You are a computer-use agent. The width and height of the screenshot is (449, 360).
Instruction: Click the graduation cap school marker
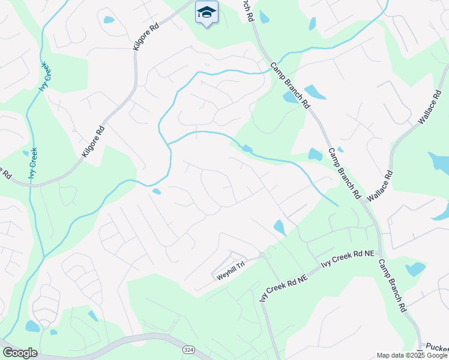coord(206,13)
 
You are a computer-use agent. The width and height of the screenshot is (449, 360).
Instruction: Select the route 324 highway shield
coord(189,349)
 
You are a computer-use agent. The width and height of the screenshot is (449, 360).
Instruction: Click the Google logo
coord(20,353)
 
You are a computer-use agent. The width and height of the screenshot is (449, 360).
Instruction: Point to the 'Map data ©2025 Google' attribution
coord(411,355)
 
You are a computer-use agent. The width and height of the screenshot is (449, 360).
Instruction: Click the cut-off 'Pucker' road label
coord(436,347)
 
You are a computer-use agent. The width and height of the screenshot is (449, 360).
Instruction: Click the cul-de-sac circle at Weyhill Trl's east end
coord(262,256)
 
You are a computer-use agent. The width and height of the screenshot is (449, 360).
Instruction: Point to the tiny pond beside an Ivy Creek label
coord(25,153)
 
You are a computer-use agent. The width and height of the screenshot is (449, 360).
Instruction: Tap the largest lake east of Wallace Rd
coord(439,161)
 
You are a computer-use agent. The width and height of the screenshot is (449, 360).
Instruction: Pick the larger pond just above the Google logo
coord(32,326)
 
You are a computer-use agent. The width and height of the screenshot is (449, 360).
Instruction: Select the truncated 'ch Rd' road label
coord(248,11)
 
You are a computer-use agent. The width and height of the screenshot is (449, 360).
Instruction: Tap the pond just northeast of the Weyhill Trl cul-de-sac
coord(280,227)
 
